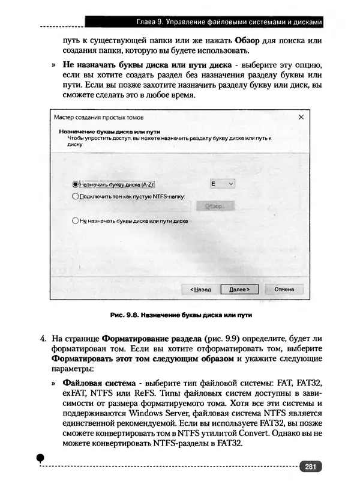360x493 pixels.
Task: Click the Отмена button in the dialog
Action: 284,289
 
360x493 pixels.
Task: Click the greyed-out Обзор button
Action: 213,206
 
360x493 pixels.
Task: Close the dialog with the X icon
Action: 301,118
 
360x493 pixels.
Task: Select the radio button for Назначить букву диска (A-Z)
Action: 76,185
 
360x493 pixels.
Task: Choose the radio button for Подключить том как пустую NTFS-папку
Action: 76,196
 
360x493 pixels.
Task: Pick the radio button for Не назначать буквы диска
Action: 76,220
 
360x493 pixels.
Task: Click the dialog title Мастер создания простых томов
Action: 98,118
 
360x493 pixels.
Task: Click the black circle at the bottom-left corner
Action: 40,458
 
